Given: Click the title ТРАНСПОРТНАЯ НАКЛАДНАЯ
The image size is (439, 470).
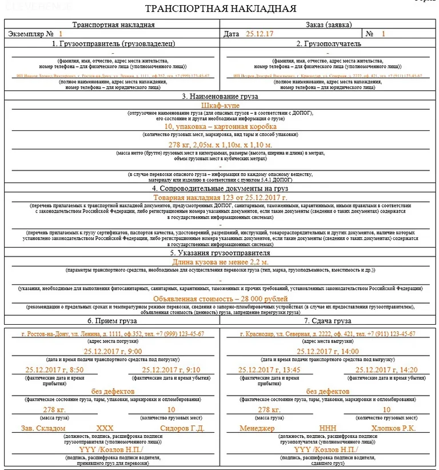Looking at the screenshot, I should point(220,9).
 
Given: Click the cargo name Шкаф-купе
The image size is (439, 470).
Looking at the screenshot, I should point(220,106).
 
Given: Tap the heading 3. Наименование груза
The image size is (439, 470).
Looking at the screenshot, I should point(220,97).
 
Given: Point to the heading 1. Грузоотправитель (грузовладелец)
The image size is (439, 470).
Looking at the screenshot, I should point(113,43).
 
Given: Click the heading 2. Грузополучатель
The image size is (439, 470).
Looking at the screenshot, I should point(329,43).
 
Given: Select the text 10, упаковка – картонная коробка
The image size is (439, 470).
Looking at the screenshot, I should point(220,126).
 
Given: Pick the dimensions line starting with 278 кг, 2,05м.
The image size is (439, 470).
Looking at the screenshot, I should point(220,146).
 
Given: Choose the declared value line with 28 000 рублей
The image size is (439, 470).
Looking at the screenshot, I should point(220,298).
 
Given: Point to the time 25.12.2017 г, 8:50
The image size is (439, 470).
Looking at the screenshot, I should point(47,370).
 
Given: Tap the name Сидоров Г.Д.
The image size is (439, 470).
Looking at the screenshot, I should point(182,428).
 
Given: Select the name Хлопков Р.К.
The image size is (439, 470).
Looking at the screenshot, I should point(394,428).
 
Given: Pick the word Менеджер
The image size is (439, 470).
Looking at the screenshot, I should point(257,428).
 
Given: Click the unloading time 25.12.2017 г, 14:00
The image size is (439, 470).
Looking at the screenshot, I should point(329,351).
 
